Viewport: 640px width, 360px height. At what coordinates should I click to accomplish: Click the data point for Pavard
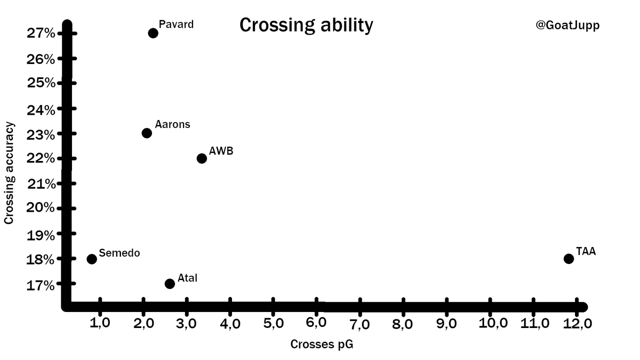coord(153,33)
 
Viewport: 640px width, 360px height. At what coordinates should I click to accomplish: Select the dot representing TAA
coord(569,259)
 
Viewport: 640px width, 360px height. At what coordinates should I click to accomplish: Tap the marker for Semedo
coord(92,259)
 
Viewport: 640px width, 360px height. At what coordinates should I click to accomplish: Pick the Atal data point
coord(170,284)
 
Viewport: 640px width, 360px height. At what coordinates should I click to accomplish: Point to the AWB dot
coord(202,158)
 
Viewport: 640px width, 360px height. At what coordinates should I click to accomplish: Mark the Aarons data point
coord(147,133)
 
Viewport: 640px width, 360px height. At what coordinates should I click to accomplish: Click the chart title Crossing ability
coord(306,25)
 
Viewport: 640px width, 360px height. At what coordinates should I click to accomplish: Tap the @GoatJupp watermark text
coord(567,25)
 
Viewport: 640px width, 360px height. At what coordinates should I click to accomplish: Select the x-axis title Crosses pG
coord(322,345)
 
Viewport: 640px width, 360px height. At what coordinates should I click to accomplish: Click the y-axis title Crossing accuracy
coord(9,173)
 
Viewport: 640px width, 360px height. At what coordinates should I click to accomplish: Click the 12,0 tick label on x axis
coord(578,324)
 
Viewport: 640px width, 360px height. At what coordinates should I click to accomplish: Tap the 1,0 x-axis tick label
coord(100,324)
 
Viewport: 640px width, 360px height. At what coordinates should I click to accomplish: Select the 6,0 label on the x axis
coord(317,324)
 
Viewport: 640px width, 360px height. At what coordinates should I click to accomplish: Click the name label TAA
coord(586,251)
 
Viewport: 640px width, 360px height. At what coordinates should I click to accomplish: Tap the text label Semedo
coord(119,253)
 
